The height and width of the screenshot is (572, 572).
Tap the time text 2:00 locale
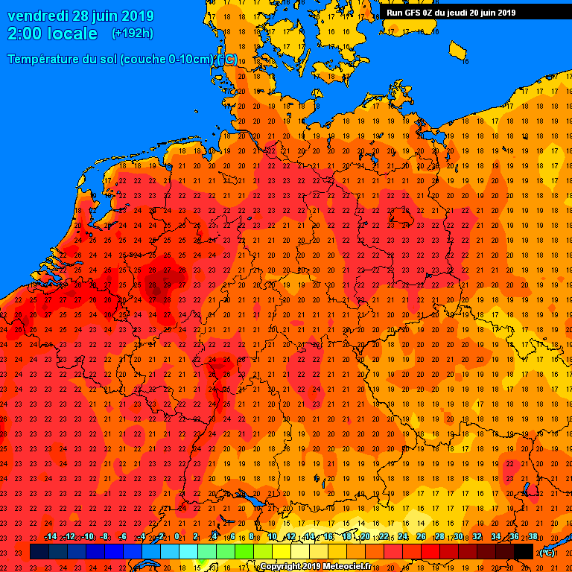click(52, 34)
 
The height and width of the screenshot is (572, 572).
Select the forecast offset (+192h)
click(132, 34)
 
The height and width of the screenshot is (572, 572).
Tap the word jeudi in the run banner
click(465, 13)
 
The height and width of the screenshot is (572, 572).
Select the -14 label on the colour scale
click(50, 537)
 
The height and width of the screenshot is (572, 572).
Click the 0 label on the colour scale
click(177, 537)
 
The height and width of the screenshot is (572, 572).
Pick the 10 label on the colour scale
click(272, 537)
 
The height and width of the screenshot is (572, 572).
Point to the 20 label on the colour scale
click(365, 537)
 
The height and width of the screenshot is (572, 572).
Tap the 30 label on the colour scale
click(458, 537)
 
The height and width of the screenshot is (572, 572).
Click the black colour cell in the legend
click(524, 551)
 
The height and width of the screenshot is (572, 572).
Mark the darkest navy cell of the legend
click(39, 551)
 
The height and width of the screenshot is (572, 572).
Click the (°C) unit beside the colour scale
click(547, 552)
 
